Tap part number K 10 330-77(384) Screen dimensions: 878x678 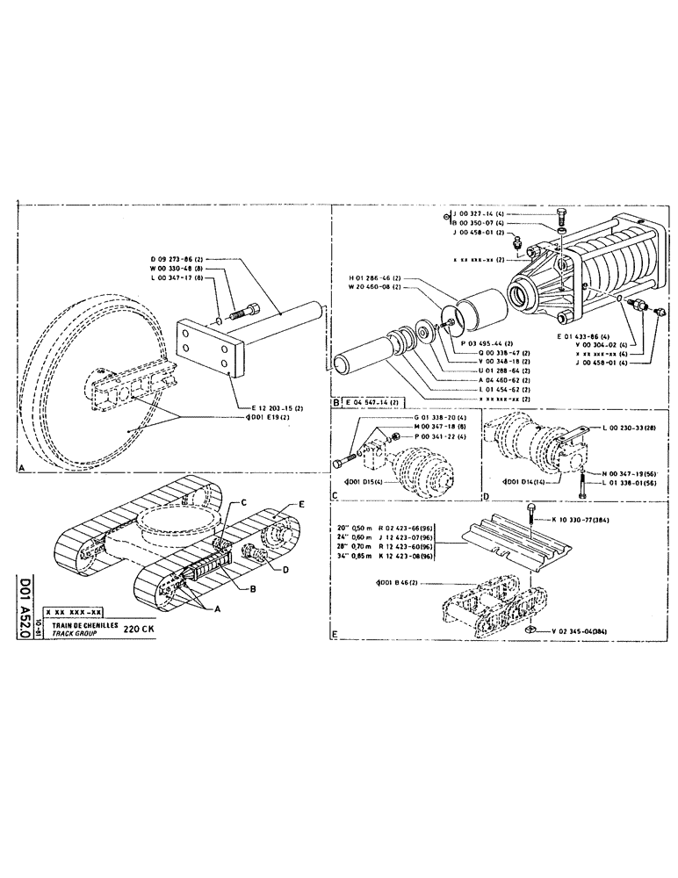(x=585, y=520)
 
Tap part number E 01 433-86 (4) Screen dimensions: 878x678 (x=587, y=336)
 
